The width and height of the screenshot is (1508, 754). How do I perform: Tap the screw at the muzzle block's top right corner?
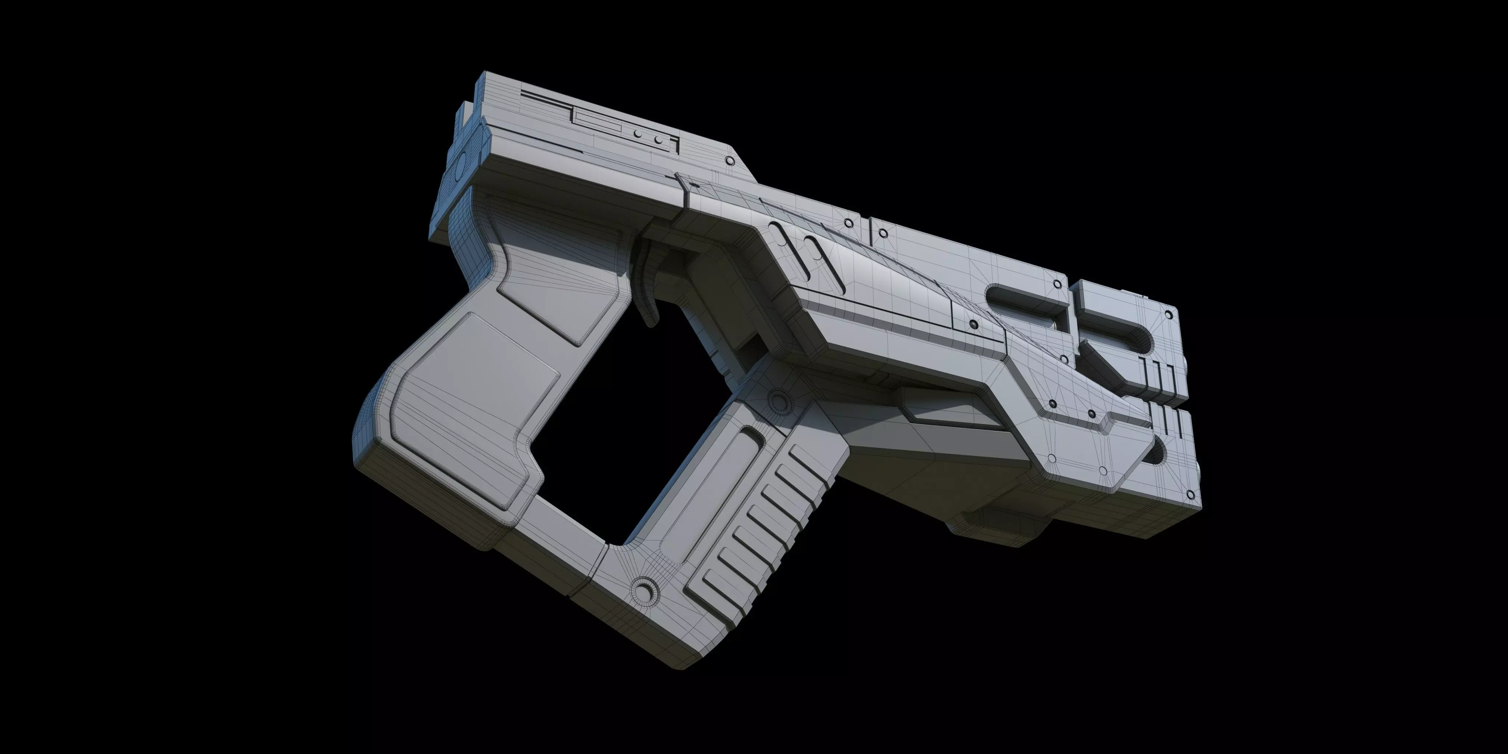click(x=1169, y=314)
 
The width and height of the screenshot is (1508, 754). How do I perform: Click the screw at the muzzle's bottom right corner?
click(x=1190, y=495)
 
